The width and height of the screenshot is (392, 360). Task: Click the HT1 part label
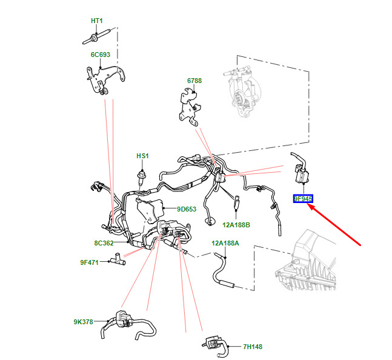[x=97, y=21]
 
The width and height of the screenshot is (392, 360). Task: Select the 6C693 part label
[x=101, y=54]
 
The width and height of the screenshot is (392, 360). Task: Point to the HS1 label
[x=142, y=156]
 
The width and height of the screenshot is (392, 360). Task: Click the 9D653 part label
[x=187, y=210]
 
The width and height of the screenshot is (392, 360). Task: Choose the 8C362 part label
[x=104, y=243]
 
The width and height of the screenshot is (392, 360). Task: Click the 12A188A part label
[x=225, y=243]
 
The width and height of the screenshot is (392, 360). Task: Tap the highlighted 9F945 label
[x=302, y=198]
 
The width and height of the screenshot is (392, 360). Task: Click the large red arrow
[x=336, y=225]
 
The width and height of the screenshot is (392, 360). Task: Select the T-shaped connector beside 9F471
[x=118, y=260]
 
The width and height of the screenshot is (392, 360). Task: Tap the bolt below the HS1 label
[x=142, y=176]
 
